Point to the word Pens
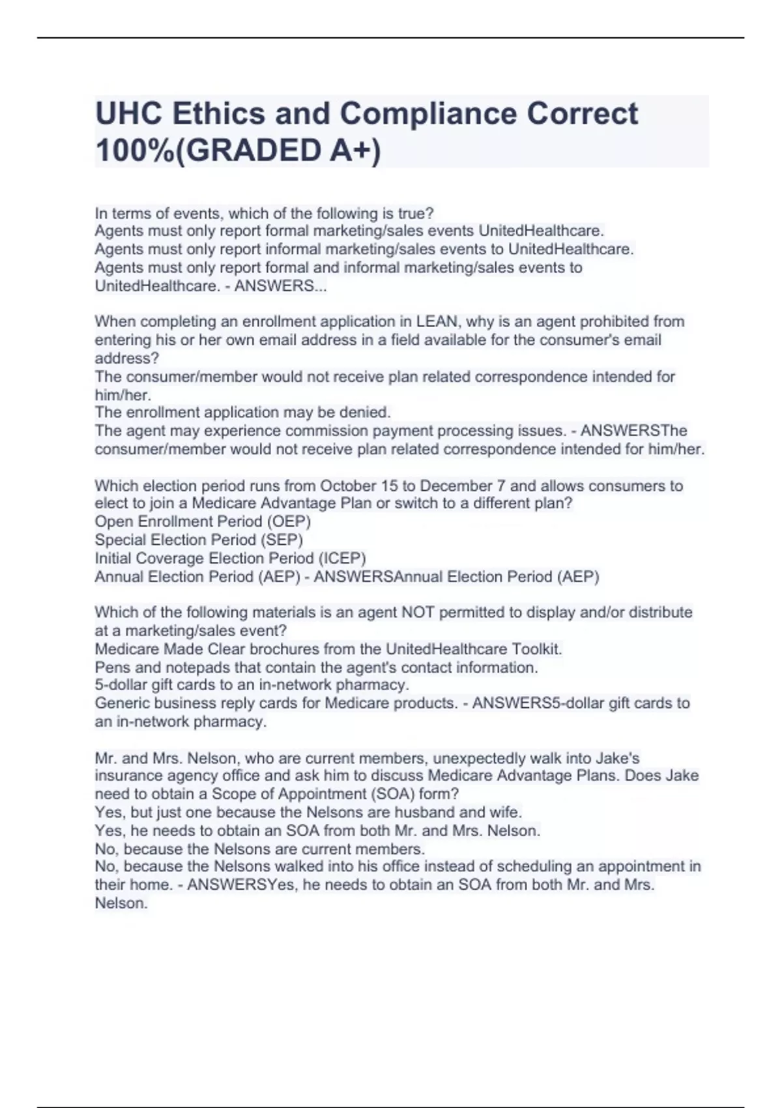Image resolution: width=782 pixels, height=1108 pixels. (109, 667)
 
